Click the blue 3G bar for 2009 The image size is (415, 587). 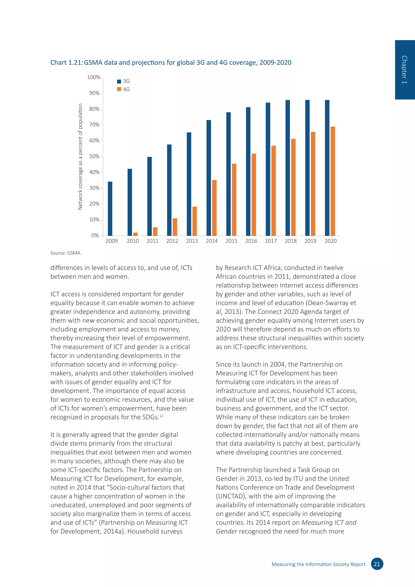pos(110,208)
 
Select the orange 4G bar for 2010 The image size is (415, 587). pos(135,234)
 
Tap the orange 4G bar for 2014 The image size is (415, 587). pos(214,208)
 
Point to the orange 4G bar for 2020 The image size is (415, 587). pos(333,181)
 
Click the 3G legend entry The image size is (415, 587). pos(123,81)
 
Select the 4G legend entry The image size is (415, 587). pos(123,89)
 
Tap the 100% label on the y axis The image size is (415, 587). pos(94,77)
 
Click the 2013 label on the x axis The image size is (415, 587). pos(192,241)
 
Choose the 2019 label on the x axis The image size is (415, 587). pos(310,241)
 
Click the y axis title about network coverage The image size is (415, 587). pos(80,156)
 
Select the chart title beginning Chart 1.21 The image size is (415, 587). pos(171,63)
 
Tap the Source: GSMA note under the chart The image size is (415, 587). pos(66,253)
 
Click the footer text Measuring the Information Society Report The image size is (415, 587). pos(318,564)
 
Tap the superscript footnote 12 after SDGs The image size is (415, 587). pos(161,416)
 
